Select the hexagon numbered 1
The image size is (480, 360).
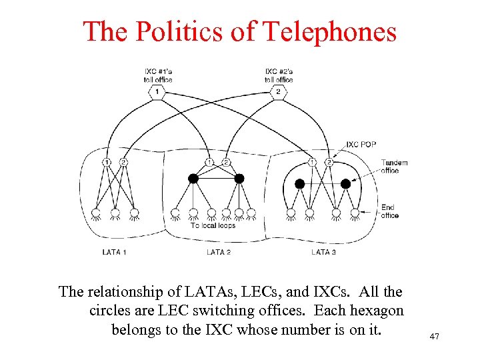tap(157, 91)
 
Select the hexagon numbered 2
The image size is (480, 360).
tap(279, 91)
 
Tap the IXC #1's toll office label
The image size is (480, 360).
tap(158, 75)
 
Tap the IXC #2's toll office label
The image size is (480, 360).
tap(279, 75)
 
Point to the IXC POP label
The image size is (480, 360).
tap(361, 145)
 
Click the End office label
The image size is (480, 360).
tap(389, 211)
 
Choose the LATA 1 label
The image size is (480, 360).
tap(115, 252)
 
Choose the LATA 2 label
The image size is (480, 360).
tap(219, 252)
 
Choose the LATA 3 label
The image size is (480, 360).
tap(323, 252)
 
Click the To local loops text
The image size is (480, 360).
tap(213, 225)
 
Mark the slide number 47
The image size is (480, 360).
tap(434, 337)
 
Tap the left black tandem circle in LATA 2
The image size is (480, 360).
tap(193, 179)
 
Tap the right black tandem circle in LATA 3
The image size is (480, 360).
tap(345, 183)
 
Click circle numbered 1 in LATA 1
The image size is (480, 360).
tap(107, 162)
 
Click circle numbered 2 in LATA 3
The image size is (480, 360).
tap(329, 162)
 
